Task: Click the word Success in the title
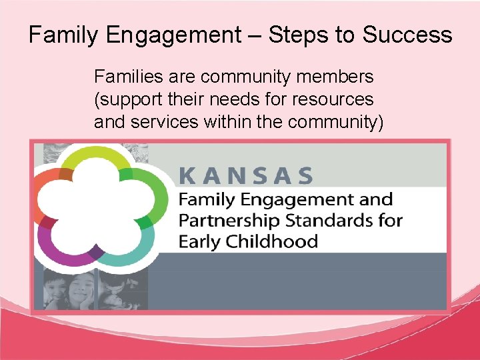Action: pyautogui.click(x=407, y=35)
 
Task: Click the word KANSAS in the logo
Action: pyautogui.click(x=245, y=176)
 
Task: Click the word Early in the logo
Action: pyautogui.click(x=199, y=241)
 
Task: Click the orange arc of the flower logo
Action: pyautogui.click(x=51, y=183)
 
